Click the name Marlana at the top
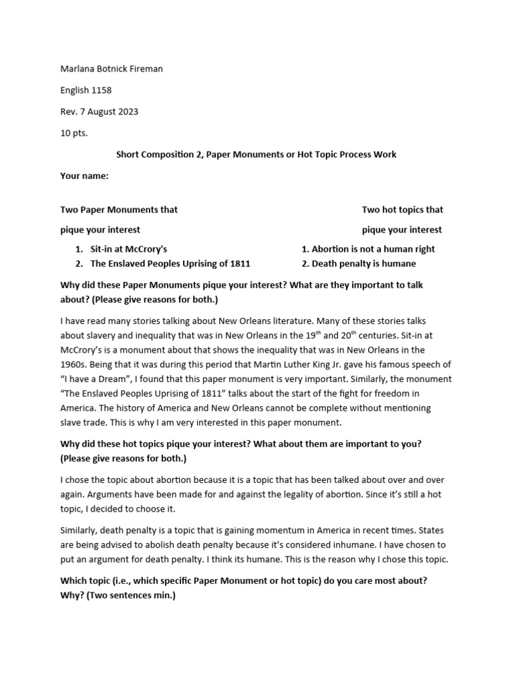[x=79, y=69]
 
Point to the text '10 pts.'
[x=74, y=133]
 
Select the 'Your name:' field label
[x=84, y=176]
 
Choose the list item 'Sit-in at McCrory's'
[x=129, y=249]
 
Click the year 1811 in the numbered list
[x=239, y=263]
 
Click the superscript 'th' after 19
[x=317, y=333]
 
